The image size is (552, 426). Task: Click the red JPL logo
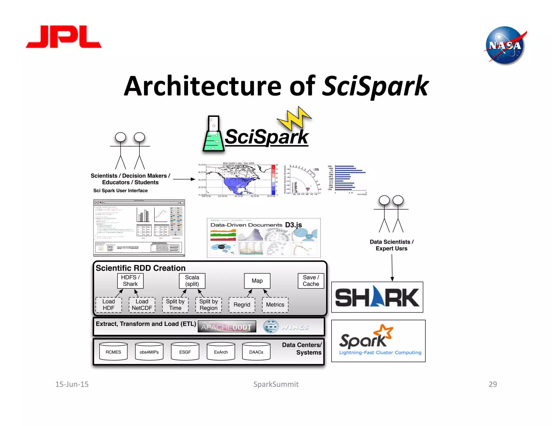click(64, 37)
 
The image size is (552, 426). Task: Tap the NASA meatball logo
click(505, 45)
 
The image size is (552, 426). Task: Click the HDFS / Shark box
click(130, 281)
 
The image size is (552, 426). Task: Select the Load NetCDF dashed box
click(142, 305)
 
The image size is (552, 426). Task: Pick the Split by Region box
click(208, 305)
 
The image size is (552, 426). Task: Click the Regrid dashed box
click(242, 305)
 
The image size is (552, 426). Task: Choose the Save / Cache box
click(311, 281)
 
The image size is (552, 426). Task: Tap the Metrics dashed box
click(275, 305)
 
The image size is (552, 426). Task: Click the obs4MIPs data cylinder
click(149, 351)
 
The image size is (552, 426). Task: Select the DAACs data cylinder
click(256, 351)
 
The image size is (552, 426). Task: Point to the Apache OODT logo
click(227, 327)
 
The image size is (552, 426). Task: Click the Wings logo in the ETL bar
click(286, 327)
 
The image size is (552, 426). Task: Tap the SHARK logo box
click(377, 297)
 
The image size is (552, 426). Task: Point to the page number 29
click(492, 384)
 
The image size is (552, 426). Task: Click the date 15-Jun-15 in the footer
click(72, 384)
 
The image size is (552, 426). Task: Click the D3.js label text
click(293, 225)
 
